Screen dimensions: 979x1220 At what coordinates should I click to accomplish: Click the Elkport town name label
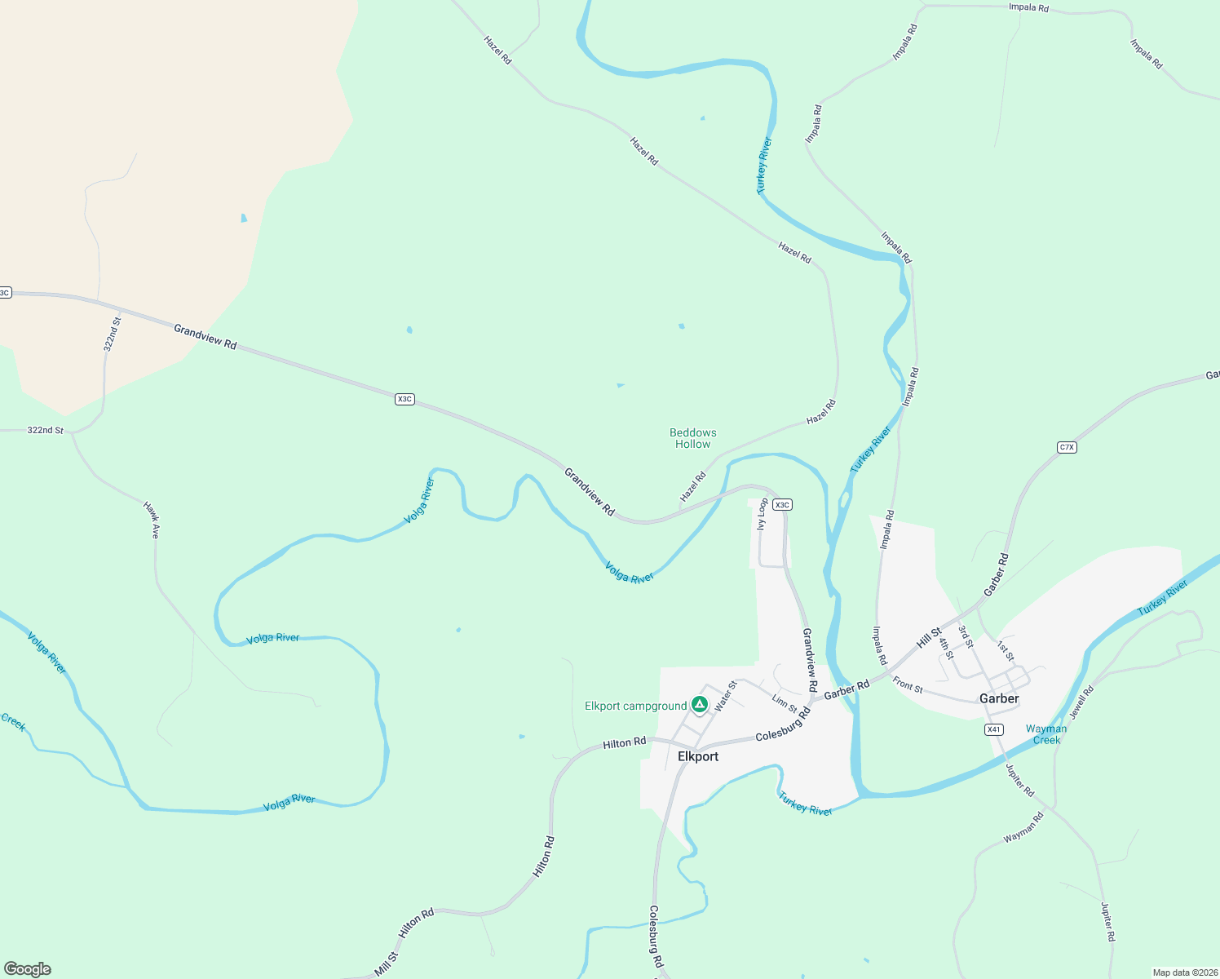click(698, 756)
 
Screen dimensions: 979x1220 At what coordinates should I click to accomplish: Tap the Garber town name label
click(999, 698)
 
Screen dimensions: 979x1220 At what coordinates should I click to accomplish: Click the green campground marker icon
click(699, 704)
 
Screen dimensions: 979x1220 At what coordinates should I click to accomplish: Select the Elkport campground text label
click(635, 706)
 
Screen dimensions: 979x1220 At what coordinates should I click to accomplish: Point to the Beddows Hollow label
click(692, 438)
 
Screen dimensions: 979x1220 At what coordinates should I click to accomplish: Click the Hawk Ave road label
click(152, 520)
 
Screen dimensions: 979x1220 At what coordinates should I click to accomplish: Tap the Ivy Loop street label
click(762, 514)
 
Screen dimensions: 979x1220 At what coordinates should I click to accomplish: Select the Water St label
click(725, 696)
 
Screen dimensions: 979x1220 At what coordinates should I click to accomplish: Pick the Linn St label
click(785, 703)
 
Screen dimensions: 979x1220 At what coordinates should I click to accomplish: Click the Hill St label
click(929, 637)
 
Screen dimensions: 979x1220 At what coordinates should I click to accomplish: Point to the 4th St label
click(945, 649)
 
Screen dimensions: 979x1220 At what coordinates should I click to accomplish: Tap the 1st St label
click(1006, 651)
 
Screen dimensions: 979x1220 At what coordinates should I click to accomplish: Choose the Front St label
click(908, 684)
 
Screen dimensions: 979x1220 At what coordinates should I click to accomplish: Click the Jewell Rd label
click(1081, 702)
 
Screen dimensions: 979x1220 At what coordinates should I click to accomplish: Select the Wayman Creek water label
click(1046, 734)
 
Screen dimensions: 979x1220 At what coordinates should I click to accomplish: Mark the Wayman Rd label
click(1023, 827)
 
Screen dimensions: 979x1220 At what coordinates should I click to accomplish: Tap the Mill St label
click(386, 963)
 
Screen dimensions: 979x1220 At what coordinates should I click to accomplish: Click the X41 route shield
click(993, 729)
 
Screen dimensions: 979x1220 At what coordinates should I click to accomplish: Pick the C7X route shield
click(1067, 447)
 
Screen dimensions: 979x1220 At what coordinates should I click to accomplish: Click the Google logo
click(28, 969)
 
